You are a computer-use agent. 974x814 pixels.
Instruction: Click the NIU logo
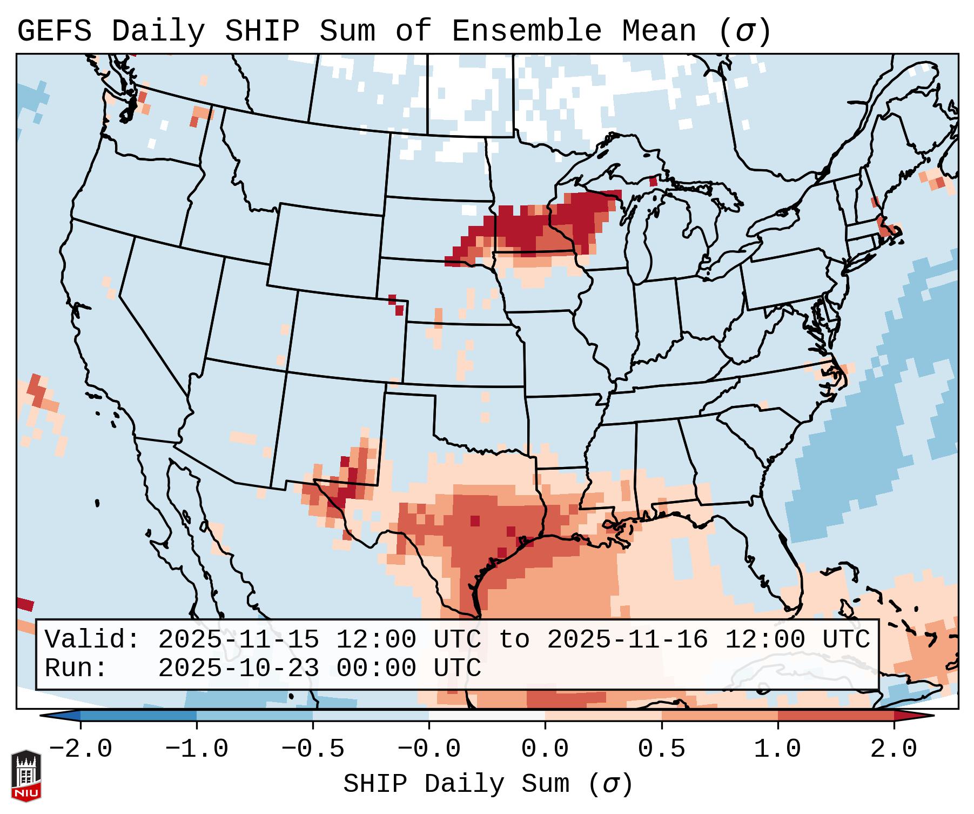[26, 775]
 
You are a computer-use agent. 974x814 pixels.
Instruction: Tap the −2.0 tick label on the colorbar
[80, 749]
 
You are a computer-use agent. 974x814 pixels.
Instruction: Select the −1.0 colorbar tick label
[197, 749]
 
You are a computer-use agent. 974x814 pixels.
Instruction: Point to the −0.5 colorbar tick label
[313, 749]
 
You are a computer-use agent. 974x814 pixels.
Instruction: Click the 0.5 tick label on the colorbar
[661, 749]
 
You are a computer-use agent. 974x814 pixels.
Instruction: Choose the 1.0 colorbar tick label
[777, 749]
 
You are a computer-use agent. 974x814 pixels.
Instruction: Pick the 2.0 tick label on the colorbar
[894, 749]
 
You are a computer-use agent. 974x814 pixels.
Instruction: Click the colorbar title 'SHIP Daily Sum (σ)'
[487, 784]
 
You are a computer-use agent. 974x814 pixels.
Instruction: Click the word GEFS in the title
[54, 31]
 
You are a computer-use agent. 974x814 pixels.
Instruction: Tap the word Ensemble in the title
[526, 31]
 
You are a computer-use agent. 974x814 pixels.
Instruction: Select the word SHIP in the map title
[261, 31]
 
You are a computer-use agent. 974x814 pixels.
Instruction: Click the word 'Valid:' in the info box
[92, 639]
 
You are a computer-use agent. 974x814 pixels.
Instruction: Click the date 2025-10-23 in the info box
[238, 668]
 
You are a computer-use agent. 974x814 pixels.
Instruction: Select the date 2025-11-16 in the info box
[627, 639]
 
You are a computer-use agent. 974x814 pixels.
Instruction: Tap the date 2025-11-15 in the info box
[238, 639]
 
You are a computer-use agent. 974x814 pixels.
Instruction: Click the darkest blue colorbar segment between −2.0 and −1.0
[138, 716]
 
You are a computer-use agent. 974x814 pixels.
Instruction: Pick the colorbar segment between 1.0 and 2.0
[835, 716]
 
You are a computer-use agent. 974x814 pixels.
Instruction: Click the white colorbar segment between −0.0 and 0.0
[487, 716]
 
